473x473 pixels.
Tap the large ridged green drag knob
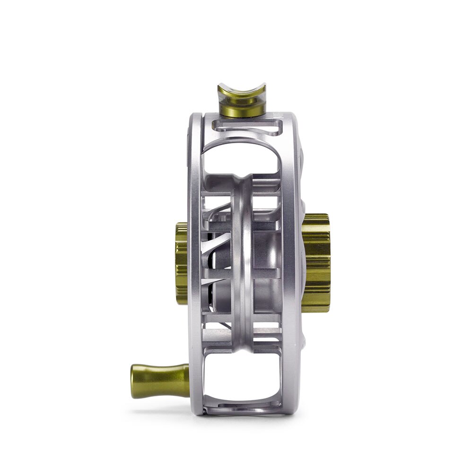[316, 263]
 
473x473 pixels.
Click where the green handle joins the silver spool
[187, 379]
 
